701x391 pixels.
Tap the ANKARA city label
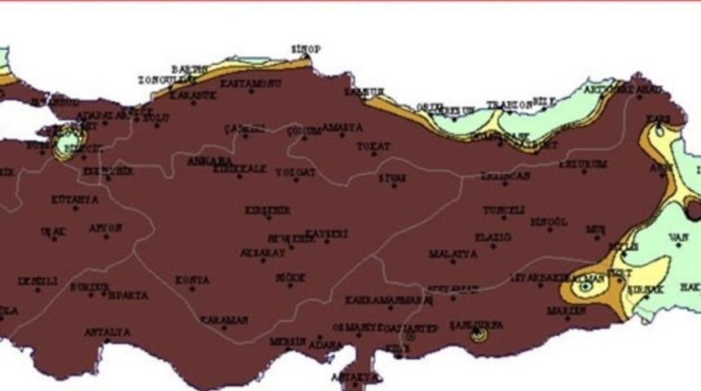point(208,161)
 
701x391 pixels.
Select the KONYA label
point(192,281)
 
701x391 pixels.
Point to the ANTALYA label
point(107,332)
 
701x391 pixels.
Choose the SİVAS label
point(392,178)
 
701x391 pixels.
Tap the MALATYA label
point(452,254)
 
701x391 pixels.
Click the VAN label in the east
point(678,238)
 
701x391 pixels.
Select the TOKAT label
point(373,147)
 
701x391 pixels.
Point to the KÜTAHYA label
point(75,200)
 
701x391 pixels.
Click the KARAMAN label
point(224,320)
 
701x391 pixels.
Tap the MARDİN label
point(567,310)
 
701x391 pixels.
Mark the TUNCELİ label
point(504,210)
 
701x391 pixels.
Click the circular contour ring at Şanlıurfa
point(478,333)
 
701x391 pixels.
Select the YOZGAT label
point(295,173)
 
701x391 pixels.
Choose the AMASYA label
point(342,128)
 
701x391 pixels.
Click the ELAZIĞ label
point(493,238)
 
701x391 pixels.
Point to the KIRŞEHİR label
point(267,211)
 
